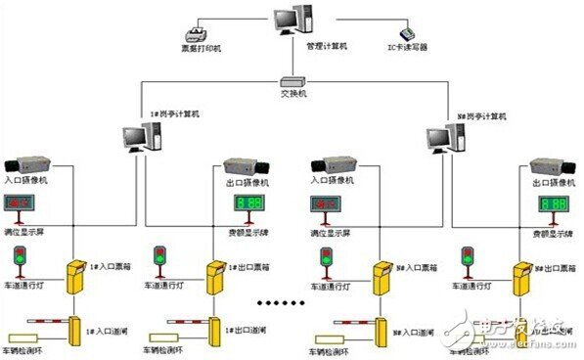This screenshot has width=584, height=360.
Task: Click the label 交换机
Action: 292,94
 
